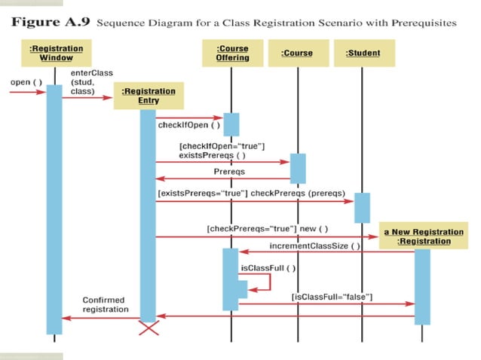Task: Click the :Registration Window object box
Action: point(55,53)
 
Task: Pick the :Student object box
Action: point(363,53)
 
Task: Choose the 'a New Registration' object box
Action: point(422,236)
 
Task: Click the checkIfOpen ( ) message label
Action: point(183,125)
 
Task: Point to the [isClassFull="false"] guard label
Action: point(332,297)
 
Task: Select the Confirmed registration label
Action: point(106,304)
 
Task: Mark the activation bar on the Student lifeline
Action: point(363,208)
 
